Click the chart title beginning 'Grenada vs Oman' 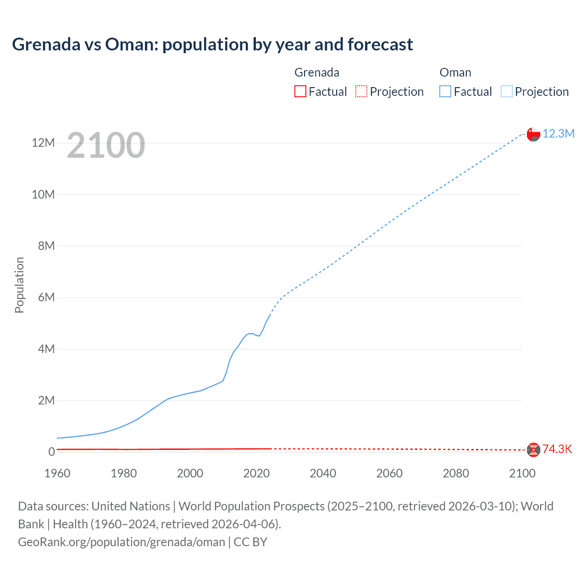(x=212, y=44)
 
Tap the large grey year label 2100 (x=106, y=145)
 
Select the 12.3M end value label (x=558, y=133)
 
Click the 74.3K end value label (x=557, y=449)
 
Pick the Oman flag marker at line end (x=533, y=134)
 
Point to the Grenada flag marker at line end (x=533, y=450)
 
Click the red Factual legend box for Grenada (x=300, y=92)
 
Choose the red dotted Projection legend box (x=361, y=92)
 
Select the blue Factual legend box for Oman (x=445, y=92)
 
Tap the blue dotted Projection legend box (x=507, y=92)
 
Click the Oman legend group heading (x=455, y=72)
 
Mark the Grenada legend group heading (x=316, y=72)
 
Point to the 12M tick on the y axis (x=43, y=143)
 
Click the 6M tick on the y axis (x=46, y=298)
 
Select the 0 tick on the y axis (x=51, y=452)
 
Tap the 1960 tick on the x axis (x=57, y=473)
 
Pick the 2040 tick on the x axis (x=323, y=473)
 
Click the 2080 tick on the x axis (x=456, y=473)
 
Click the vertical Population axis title (x=19, y=285)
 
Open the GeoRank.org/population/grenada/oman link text (x=122, y=542)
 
